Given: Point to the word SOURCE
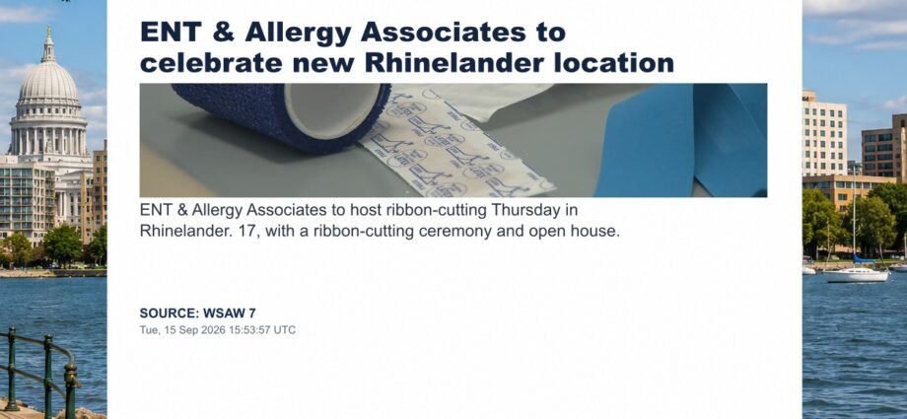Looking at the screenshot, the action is pyautogui.click(x=170, y=314).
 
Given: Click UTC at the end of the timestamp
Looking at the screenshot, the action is pyautogui.click(x=285, y=330).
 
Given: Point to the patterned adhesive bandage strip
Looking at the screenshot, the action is pyautogui.click(x=457, y=145).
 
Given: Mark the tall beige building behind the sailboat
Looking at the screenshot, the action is pyautogui.click(x=824, y=134).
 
